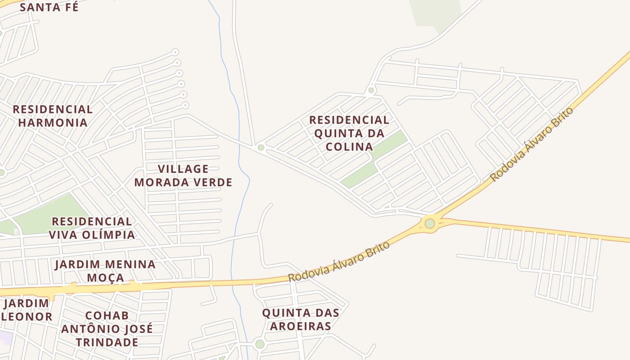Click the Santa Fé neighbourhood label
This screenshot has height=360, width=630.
(49, 7)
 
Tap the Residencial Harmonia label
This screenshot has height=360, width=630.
(53, 116)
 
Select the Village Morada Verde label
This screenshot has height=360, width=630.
(183, 175)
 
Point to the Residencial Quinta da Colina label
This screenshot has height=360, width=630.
(349, 133)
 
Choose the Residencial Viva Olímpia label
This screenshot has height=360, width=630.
(92, 228)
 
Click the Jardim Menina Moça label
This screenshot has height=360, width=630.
(105, 271)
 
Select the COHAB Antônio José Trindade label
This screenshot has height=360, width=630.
(107, 328)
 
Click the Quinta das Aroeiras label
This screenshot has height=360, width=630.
(301, 319)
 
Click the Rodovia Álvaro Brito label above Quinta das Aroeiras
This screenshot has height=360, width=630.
(338, 261)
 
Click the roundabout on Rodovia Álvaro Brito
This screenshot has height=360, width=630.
(430, 224)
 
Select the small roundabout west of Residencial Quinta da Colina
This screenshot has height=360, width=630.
(261, 148)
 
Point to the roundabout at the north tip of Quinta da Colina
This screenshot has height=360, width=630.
(371, 90)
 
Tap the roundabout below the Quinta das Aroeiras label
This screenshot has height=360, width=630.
(260, 344)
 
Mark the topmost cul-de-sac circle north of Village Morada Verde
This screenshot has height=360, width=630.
(175, 52)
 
